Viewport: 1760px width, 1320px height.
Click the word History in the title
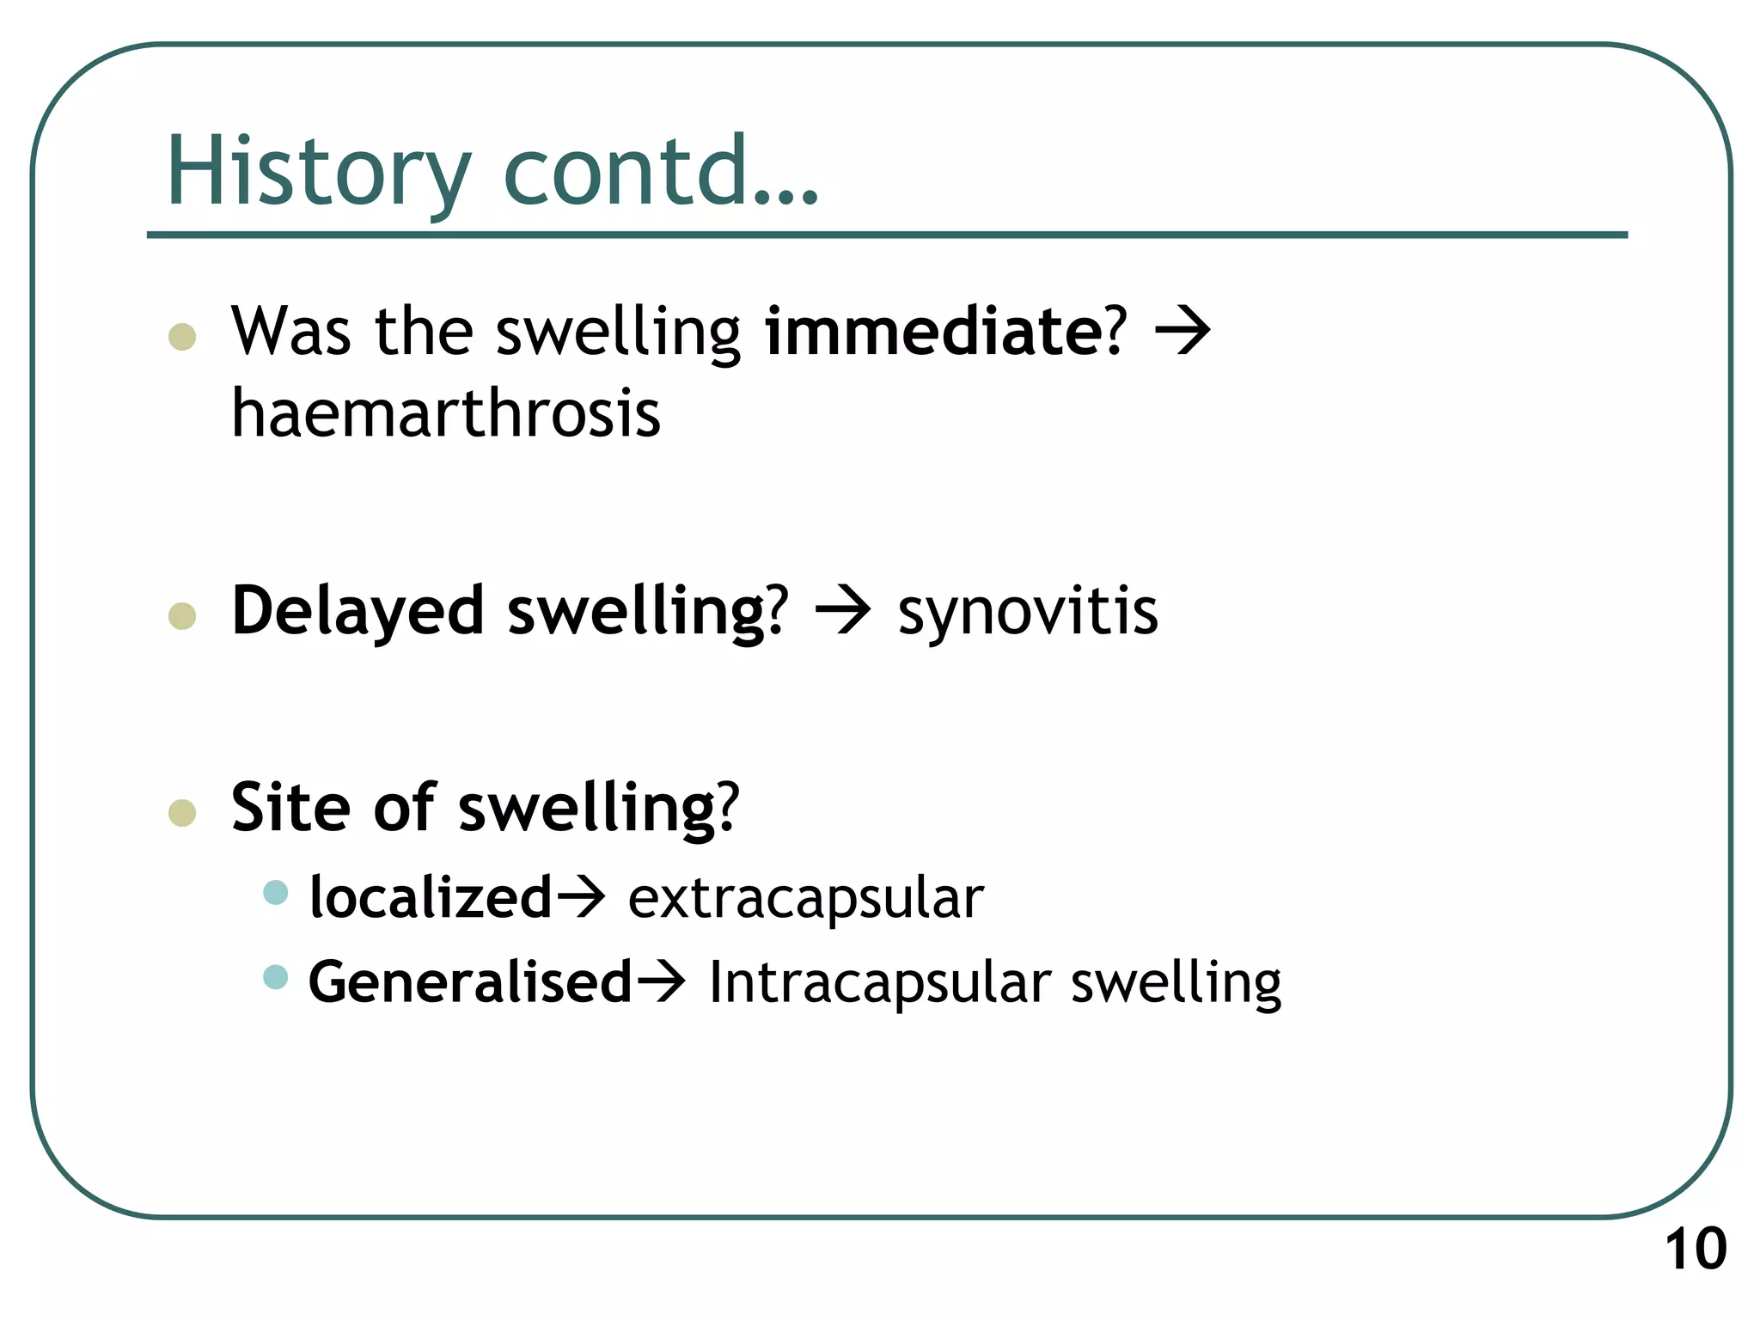pyautogui.click(x=318, y=172)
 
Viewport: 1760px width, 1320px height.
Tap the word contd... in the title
pyautogui.click(x=660, y=172)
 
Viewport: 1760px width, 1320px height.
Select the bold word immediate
pyautogui.click(x=933, y=332)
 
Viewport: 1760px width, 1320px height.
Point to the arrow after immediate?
pyautogui.click(x=1182, y=332)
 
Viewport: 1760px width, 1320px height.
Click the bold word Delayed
pyautogui.click(x=357, y=612)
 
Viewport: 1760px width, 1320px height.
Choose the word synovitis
pyautogui.click(x=1028, y=612)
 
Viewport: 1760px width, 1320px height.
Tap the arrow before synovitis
pyautogui.click(x=843, y=612)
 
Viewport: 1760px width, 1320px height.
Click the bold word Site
pyautogui.click(x=290, y=808)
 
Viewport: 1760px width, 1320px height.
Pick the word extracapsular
pyautogui.click(x=805, y=898)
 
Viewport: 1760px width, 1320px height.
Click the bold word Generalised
pyautogui.click(x=469, y=982)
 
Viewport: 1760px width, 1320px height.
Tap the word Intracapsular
pyautogui.click(x=879, y=982)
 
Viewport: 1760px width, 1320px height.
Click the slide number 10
pyautogui.click(x=1696, y=1250)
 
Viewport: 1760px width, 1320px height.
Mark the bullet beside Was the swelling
pyautogui.click(x=182, y=336)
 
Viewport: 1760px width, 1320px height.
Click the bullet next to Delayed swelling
pyautogui.click(x=182, y=616)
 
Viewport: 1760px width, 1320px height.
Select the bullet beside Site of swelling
pyautogui.click(x=182, y=812)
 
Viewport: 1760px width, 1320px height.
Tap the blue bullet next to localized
pyautogui.click(x=275, y=892)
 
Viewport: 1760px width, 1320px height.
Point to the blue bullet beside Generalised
pyautogui.click(x=275, y=977)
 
